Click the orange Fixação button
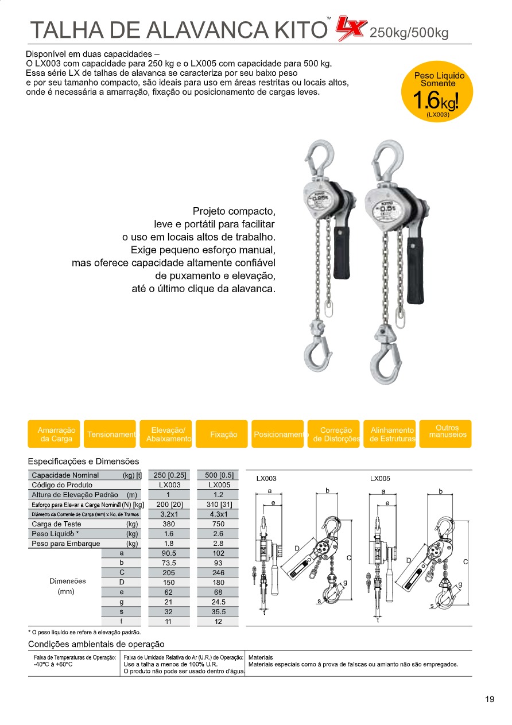[x=223, y=435]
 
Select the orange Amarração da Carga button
[x=56, y=435]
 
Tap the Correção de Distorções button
[x=336, y=435]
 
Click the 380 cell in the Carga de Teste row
[x=168, y=524]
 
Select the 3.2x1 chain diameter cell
[x=168, y=514]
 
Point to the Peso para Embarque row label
[x=66, y=544]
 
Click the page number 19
[x=489, y=699]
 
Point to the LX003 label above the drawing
[x=266, y=479]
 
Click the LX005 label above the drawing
[x=380, y=479]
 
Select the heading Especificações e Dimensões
[x=83, y=461]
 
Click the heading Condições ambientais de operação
[x=96, y=644]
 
